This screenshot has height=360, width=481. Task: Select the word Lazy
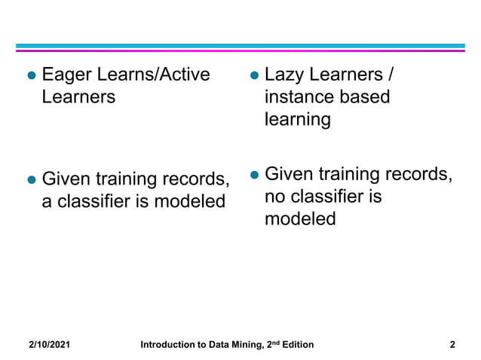pos(285,75)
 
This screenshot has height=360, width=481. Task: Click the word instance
pos(297,98)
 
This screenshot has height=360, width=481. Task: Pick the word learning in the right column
pos(297,121)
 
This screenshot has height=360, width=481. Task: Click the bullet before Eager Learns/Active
pos(32,76)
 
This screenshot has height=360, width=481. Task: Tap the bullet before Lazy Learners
pos(255,76)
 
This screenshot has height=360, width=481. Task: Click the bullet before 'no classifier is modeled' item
pos(255,175)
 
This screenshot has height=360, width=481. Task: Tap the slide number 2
pos(452,345)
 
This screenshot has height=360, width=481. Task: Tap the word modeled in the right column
pos(300,220)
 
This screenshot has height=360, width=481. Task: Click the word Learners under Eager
pos(78,98)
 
